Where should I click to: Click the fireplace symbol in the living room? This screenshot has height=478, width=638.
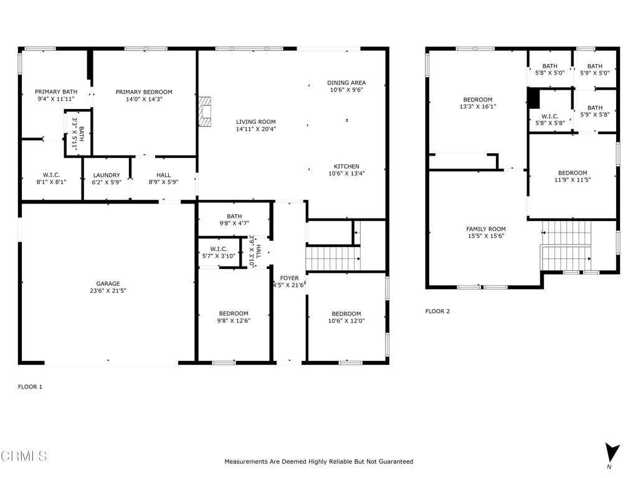[x=204, y=112]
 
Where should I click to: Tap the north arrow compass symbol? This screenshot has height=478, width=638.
[x=612, y=453]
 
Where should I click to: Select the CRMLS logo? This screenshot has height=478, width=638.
[x=24, y=456]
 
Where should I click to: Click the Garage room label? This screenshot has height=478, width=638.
[x=108, y=284]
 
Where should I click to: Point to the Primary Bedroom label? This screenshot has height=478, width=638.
[x=144, y=92]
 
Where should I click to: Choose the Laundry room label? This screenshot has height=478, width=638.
[x=107, y=175]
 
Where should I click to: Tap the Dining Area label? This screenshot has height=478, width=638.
[x=346, y=83]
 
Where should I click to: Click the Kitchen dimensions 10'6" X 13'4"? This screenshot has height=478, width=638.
[x=346, y=173]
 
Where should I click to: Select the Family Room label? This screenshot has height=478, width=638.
[x=486, y=229]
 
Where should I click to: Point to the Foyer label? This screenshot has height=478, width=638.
[x=289, y=278]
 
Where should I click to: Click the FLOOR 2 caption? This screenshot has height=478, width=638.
[x=437, y=311]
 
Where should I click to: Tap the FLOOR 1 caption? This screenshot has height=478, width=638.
[x=30, y=387]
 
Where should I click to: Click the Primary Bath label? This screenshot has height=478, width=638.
[x=56, y=91]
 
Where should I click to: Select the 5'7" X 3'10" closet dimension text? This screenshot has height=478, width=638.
[x=219, y=256]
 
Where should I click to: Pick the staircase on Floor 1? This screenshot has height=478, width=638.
[x=333, y=258]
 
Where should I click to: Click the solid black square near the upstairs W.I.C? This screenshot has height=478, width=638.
[x=533, y=98]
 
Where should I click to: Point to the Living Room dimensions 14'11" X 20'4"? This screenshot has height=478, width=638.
[x=256, y=129]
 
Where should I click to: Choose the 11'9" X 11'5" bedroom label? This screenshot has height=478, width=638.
[x=573, y=180]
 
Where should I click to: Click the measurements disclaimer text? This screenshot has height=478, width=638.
[x=319, y=461]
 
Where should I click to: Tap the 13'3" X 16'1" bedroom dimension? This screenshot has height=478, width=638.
[x=478, y=106]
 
